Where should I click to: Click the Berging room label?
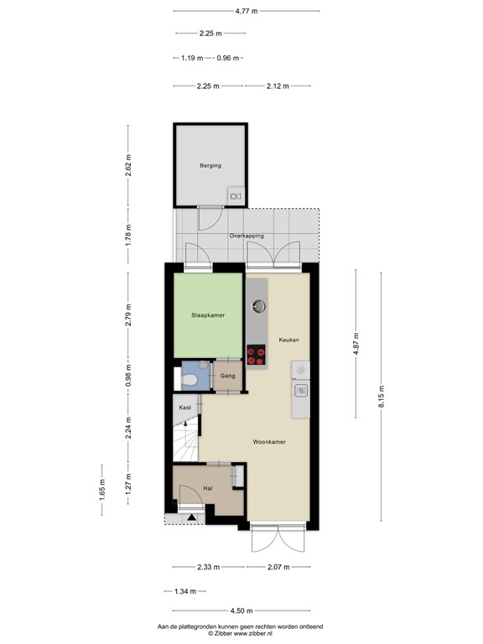210,165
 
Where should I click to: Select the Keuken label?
288,339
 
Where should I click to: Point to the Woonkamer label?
269,440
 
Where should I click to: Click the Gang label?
227,377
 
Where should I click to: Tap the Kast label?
185,408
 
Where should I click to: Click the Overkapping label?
247,236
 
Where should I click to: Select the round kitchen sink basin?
257,304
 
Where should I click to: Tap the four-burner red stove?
256,356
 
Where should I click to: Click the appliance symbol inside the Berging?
234,197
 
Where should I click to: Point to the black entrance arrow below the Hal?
191,517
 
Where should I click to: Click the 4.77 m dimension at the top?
247,11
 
